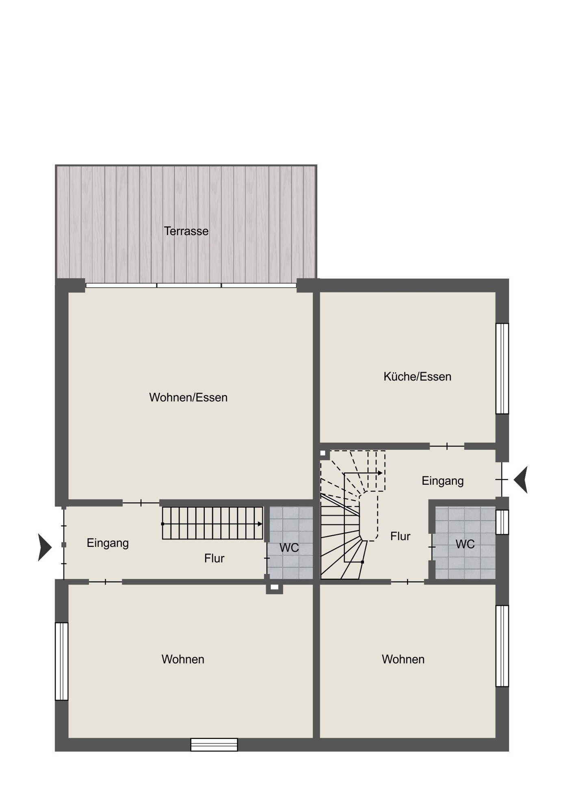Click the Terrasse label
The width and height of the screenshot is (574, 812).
(x=186, y=231)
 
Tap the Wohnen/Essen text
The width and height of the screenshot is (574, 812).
(x=188, y=397)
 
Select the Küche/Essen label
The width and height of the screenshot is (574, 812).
(x=417, y=376)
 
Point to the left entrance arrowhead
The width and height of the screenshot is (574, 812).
(x=45, y=547)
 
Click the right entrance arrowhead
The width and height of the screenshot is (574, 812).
(x=521, y=479)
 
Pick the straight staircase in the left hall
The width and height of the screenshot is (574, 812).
(x=212, y=523)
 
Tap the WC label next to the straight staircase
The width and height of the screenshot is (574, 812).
(x=289, y=548)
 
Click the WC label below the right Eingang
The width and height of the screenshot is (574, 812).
(x=465, y=544)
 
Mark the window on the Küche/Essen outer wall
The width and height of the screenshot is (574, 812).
(x=502, y=369)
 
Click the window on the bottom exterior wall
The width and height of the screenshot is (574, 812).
(x=214, y=745)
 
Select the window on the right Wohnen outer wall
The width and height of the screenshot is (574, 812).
(x=502, y=646)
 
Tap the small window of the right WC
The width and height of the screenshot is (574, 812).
(x=502, y=522)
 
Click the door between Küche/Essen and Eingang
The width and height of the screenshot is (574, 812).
(x=447, y=447)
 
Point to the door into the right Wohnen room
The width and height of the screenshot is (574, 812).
(x=407, y=582)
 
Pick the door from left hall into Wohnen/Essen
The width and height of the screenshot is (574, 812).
(x=141, y=503)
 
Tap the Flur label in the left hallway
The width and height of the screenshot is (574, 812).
(x=214, y=558)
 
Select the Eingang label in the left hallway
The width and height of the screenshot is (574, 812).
(x=108, y=543)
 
